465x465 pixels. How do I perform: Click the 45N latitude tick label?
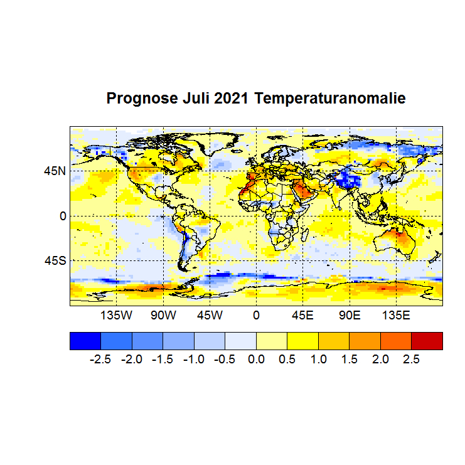(x=55, y=171)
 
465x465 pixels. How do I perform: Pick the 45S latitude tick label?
(x=55, y=260)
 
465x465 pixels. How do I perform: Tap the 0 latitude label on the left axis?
(x=62, y=215)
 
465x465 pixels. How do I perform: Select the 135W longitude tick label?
(x=117, y=315)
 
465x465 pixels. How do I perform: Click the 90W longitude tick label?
(x=163, y=315)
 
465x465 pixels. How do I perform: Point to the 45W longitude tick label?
(x=210, y=315)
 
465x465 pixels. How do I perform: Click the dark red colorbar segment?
(x=427, y=340)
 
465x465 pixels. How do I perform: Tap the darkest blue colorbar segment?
(x=85, y=340)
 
